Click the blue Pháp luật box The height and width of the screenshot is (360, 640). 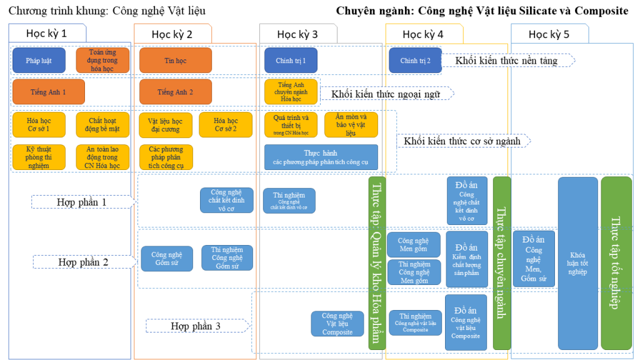click(39, 61)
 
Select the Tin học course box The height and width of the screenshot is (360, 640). click(176, 61)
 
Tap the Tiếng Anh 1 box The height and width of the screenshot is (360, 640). click(48, 92)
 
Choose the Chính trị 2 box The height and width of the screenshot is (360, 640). click(415, 61)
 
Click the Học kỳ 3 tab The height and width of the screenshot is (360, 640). click(297, 34)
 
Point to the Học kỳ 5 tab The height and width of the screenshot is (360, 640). click(549, 34)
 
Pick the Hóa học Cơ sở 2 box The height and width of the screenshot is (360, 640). click(226, 125)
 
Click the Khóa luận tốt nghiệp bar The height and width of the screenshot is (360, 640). click(577, 263)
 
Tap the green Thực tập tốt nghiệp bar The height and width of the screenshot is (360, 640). click(616, 263)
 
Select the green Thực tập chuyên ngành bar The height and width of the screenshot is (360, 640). click(501, 263)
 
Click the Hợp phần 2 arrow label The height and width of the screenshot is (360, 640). click(83, 262)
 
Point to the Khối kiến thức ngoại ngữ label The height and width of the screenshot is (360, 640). click(386, 94)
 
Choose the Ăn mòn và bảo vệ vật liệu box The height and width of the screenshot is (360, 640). click(351, 125)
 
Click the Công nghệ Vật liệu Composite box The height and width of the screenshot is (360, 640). click(337, 324)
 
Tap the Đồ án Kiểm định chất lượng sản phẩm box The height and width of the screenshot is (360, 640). click(466, 259)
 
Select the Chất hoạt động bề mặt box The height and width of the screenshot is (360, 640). click(102, 125)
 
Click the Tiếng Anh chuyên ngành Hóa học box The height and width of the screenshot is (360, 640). click(291, 92)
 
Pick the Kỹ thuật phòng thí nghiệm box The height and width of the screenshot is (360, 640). click(39, 157)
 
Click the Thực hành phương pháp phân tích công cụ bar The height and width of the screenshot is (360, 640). click(321, 157)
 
